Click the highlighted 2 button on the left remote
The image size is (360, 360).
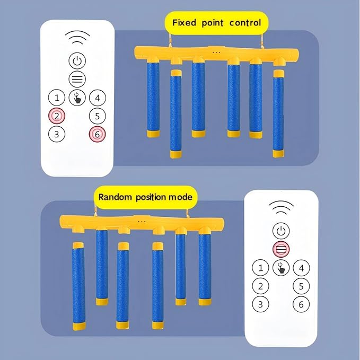57,115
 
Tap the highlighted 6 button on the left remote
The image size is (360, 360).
97,134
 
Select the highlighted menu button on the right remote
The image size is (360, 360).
281,249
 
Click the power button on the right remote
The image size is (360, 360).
281,231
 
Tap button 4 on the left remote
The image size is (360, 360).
97,98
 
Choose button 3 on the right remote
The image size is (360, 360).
260,304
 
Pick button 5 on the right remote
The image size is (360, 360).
301,286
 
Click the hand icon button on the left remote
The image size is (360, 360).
77,98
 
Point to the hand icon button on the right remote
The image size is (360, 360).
281,268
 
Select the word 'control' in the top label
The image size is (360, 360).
245,23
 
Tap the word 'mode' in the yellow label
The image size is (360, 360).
180,197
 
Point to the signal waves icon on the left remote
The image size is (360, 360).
77,37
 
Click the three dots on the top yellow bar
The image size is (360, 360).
216,52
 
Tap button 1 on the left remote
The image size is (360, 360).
57,98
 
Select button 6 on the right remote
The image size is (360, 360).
301,304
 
